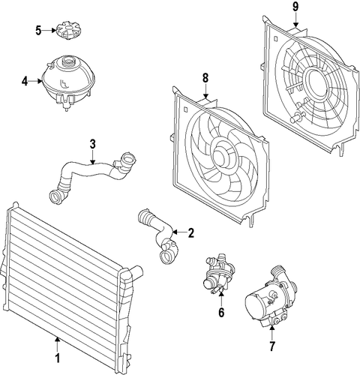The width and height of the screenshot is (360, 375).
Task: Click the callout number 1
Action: tap(58, 358)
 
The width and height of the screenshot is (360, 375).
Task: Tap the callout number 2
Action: tap(190, 233)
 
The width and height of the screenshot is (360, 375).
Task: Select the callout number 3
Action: tap(92, 144)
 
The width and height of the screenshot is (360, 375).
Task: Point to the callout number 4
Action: tap(25, 81)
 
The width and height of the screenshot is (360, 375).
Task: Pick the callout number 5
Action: tap(38, 31)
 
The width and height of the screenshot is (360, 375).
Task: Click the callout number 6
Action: tap(221, 312)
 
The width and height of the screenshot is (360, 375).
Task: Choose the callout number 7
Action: tap(272, 346)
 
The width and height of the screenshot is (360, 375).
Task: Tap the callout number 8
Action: tap(205, 78)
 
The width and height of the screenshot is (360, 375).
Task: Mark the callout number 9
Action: tap(295, 7)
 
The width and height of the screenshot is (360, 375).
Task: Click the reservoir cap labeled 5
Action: tap(68, 31)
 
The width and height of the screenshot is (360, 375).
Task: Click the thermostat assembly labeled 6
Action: tap(219, 273)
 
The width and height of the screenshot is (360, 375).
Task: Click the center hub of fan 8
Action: tap(221, 156)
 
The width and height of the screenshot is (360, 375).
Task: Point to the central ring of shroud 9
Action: tap(316, 82)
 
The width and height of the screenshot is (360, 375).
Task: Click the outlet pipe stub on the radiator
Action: tap(136, 272)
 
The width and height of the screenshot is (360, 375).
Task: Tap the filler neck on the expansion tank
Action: tap(67, 61)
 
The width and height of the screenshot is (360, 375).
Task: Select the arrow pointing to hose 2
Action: tap(179, 232)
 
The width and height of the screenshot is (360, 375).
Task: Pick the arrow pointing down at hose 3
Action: tap(92, 157)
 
